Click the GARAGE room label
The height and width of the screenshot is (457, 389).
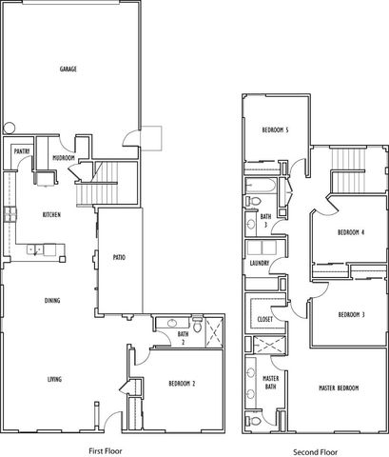[68, 69]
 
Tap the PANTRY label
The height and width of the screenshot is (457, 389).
[22, 151]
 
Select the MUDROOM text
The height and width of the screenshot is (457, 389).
[64, 158]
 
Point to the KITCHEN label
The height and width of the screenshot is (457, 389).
[51, 215]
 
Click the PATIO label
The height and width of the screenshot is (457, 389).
[119, 257]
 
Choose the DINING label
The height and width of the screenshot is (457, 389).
[52, 300]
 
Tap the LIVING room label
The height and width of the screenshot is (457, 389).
[54, 379]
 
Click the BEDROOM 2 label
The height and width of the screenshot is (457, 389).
[182, 384]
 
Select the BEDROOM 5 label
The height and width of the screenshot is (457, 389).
[275, 129]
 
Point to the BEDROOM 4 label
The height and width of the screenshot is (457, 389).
[351, 232]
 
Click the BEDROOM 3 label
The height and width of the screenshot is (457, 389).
[351, 314]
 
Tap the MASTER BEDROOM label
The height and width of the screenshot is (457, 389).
[339, 387]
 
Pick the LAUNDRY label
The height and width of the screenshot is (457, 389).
[260, 263]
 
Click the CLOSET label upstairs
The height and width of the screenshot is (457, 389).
[265, 319]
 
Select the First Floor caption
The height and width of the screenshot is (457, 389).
[106, 450]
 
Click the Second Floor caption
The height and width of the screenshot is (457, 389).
[315, 452]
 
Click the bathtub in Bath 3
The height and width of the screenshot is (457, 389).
[261, 186]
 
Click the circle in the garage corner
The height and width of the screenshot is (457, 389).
[10, 129]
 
